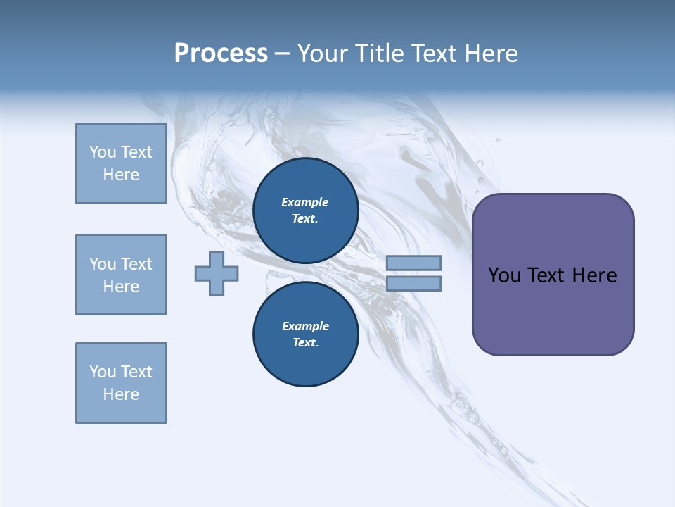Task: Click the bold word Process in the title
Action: (221, 54)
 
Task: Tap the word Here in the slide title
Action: (491, 54)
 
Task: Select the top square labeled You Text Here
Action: (121, 163)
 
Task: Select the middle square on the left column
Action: (121, 275)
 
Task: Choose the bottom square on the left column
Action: (121, 383)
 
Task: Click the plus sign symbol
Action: (217, 273)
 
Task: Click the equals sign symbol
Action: (413, 273)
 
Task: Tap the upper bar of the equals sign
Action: (413, 263)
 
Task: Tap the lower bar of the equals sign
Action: (413, 284)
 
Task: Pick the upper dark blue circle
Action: (305, 211)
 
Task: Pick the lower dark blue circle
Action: (305, 334)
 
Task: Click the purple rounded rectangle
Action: (553, 275)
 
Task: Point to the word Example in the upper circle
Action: (305, 202)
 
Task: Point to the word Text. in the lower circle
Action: (305, 343)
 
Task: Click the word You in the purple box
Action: (504, 275)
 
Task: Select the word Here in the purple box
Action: (594, 275)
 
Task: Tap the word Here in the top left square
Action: (121, 175)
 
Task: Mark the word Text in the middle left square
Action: (136, 264)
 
